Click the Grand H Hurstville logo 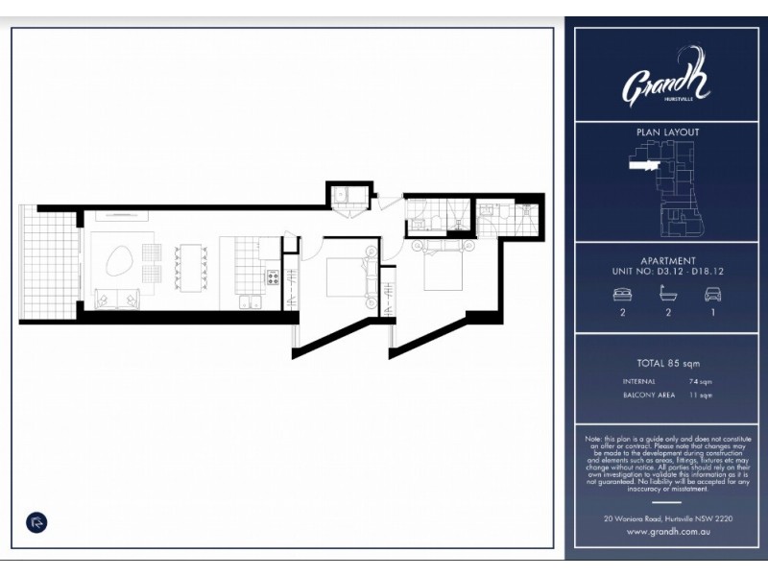[x=666, y=85]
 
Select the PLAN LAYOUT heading [x=668, y=132]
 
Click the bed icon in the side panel [x=622, y=296]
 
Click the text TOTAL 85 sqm [x=668, y=363]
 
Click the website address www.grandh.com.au [x=667, y=531]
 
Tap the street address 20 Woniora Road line [x=667, y=518]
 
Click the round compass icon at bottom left [x=36, y=523]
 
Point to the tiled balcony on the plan [x=48, y=263]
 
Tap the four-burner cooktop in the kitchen [x=273, y=278]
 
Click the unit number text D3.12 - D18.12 [x=688, y=272]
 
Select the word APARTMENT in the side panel [x=668, y=260]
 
